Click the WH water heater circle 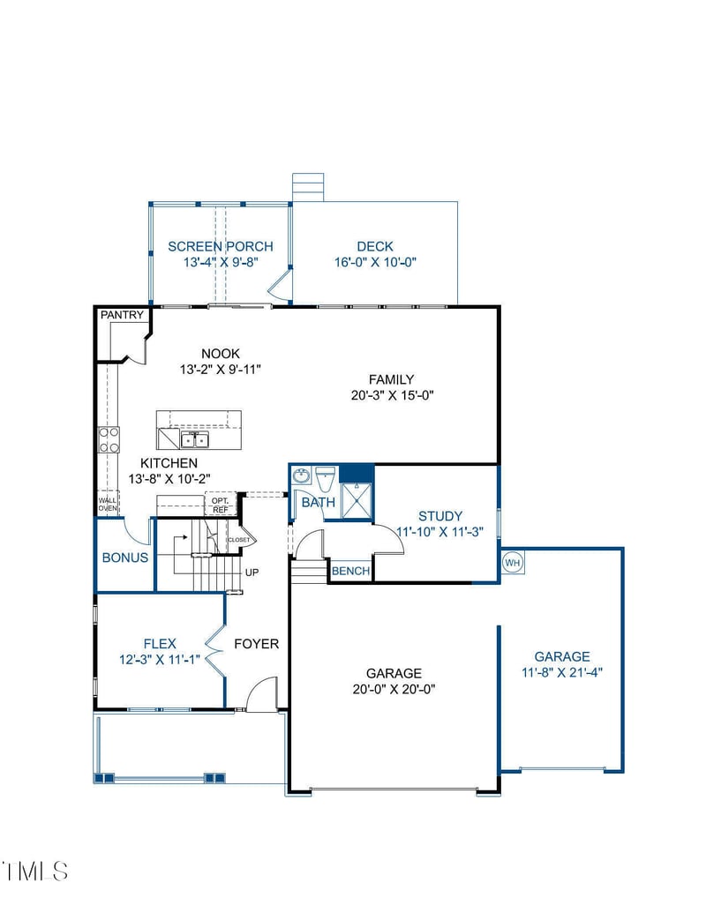[x=513, y=563]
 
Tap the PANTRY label [x=122, y=315]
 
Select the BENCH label [x=350, y=572]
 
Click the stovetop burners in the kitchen [x=109, y=439]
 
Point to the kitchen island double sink [x=194, y=439]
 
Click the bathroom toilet [x=325, y=479]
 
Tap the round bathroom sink [x=302, y=475]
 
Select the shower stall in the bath [x=356, y=499]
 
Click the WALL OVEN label [x=108, y=505]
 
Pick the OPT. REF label [x=221, y=505]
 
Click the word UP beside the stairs [x=252, y=572]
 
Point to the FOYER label [x=256, y=644]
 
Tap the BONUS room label [x=125, y=558]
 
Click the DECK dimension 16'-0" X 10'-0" [x=375, y=263]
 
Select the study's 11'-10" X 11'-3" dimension [x=439, y=532]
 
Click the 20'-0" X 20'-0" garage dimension [x=394, y=690]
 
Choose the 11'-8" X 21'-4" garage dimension [x=562, y=672]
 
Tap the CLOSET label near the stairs [x=239, y=540]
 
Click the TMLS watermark [x=36, y=872]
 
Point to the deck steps [x=308, y=187]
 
